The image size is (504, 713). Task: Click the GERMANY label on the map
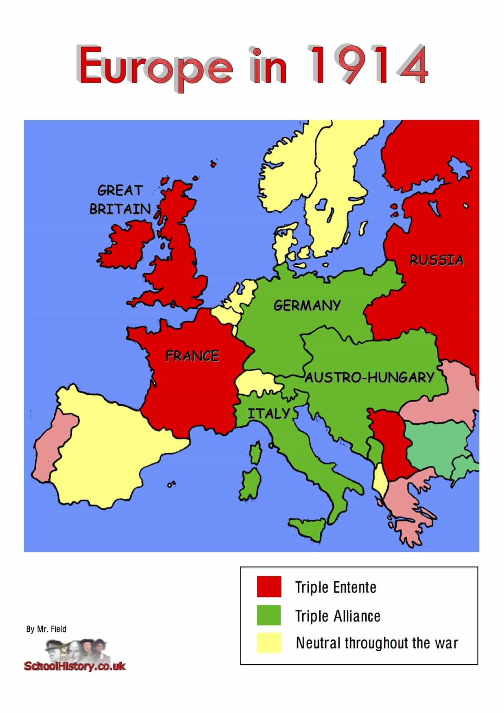click(307, 305)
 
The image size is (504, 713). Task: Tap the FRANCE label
click(192, 356)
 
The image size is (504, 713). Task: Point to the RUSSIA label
click(436, 260)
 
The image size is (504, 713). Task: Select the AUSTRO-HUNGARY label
click(370, 378)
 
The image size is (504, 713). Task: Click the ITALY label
click(269, 414)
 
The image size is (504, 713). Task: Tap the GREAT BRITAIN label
click(120, 200)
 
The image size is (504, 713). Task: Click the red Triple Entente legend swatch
click(269, 587)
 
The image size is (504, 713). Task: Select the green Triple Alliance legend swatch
click(269, 615)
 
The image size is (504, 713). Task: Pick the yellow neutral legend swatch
click(269, 643)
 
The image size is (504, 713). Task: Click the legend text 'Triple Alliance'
click(338, 616)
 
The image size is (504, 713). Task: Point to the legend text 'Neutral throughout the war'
click(377, 643)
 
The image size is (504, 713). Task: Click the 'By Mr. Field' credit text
click(46, 629)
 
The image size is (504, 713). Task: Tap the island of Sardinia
click(250, 483)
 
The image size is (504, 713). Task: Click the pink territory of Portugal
click(49, 447)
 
